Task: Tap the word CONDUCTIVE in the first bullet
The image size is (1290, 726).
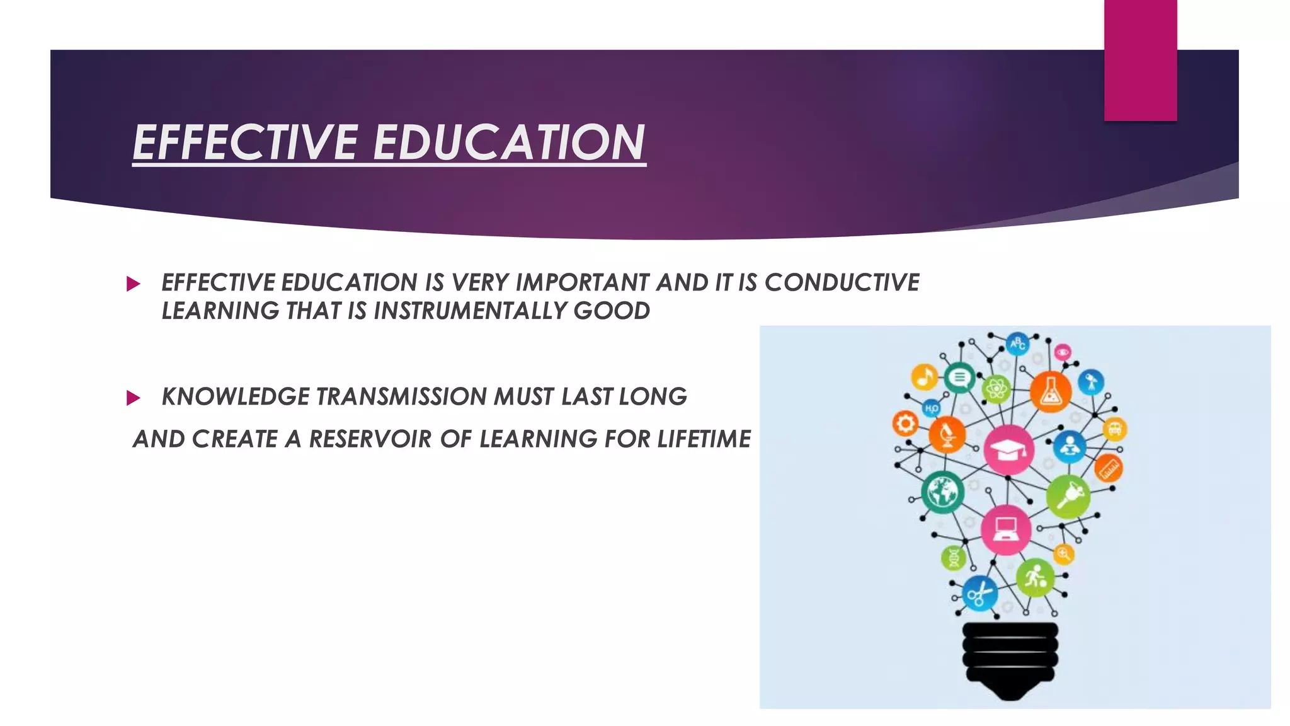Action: point(842,282)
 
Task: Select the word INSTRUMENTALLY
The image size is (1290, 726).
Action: point(470,311)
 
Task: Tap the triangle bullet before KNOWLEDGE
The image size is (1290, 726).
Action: point(133,398)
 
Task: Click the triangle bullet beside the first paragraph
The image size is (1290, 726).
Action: point(133,284)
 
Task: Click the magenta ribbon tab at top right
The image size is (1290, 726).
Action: point(1140,60)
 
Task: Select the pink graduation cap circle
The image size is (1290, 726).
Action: point(1008,449)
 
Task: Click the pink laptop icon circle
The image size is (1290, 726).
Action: point(1006,529)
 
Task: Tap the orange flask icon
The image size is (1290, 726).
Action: point(1050,392)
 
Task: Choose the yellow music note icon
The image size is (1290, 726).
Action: point(924,377)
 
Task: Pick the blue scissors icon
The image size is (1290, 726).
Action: point(979,594)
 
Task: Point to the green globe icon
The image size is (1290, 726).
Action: point(942,492)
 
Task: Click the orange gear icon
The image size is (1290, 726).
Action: point(905,423)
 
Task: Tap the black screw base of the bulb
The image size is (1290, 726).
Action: point(1010,659)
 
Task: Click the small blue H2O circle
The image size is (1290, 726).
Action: point(931,408)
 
